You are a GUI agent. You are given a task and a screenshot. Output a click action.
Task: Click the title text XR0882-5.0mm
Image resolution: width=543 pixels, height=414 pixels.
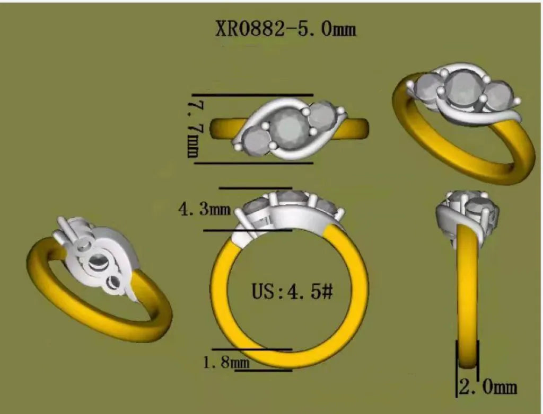286,29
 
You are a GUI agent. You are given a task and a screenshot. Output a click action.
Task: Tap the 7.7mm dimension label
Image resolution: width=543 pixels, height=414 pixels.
194,129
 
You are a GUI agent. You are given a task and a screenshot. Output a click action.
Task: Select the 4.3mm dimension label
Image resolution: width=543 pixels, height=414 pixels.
204,209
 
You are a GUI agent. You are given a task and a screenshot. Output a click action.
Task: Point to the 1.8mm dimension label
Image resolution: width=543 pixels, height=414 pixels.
226,362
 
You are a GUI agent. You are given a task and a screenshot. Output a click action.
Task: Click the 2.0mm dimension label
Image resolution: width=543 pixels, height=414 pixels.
488,386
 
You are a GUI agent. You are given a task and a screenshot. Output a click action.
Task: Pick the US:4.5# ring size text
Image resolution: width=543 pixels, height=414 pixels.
292,292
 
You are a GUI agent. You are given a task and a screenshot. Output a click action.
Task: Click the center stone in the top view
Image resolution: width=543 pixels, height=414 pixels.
288,128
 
